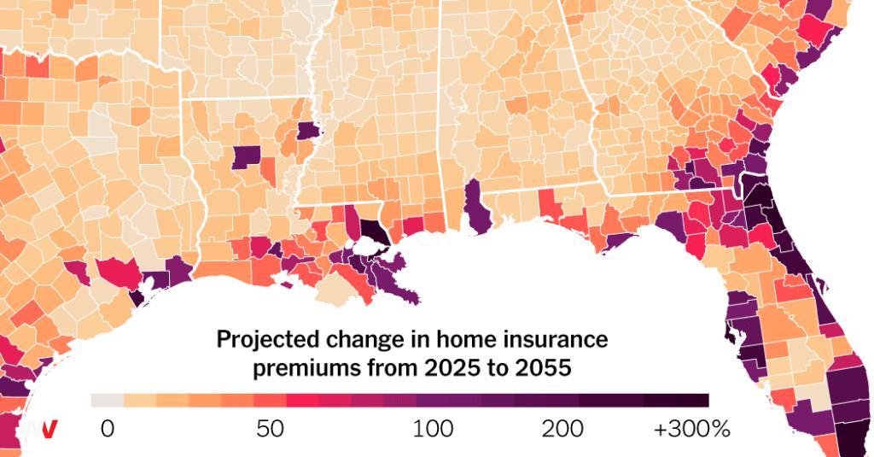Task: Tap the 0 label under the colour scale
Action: (x=107, y=429)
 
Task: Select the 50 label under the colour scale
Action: (x=271, y=429)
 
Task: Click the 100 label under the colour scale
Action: (x=433, y=429)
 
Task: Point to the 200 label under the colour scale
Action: (x=563, y=429)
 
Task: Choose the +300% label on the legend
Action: (x=691, y=429)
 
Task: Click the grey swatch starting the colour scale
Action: (x=108, y=401)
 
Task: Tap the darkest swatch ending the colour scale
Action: (x=692, y=401)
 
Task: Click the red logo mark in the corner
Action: (x=50, y=429)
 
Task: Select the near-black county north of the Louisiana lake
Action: (x=370, y=228)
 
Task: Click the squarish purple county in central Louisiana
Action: (x=247, y=157)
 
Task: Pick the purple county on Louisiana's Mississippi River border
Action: (x=308, y=131)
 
